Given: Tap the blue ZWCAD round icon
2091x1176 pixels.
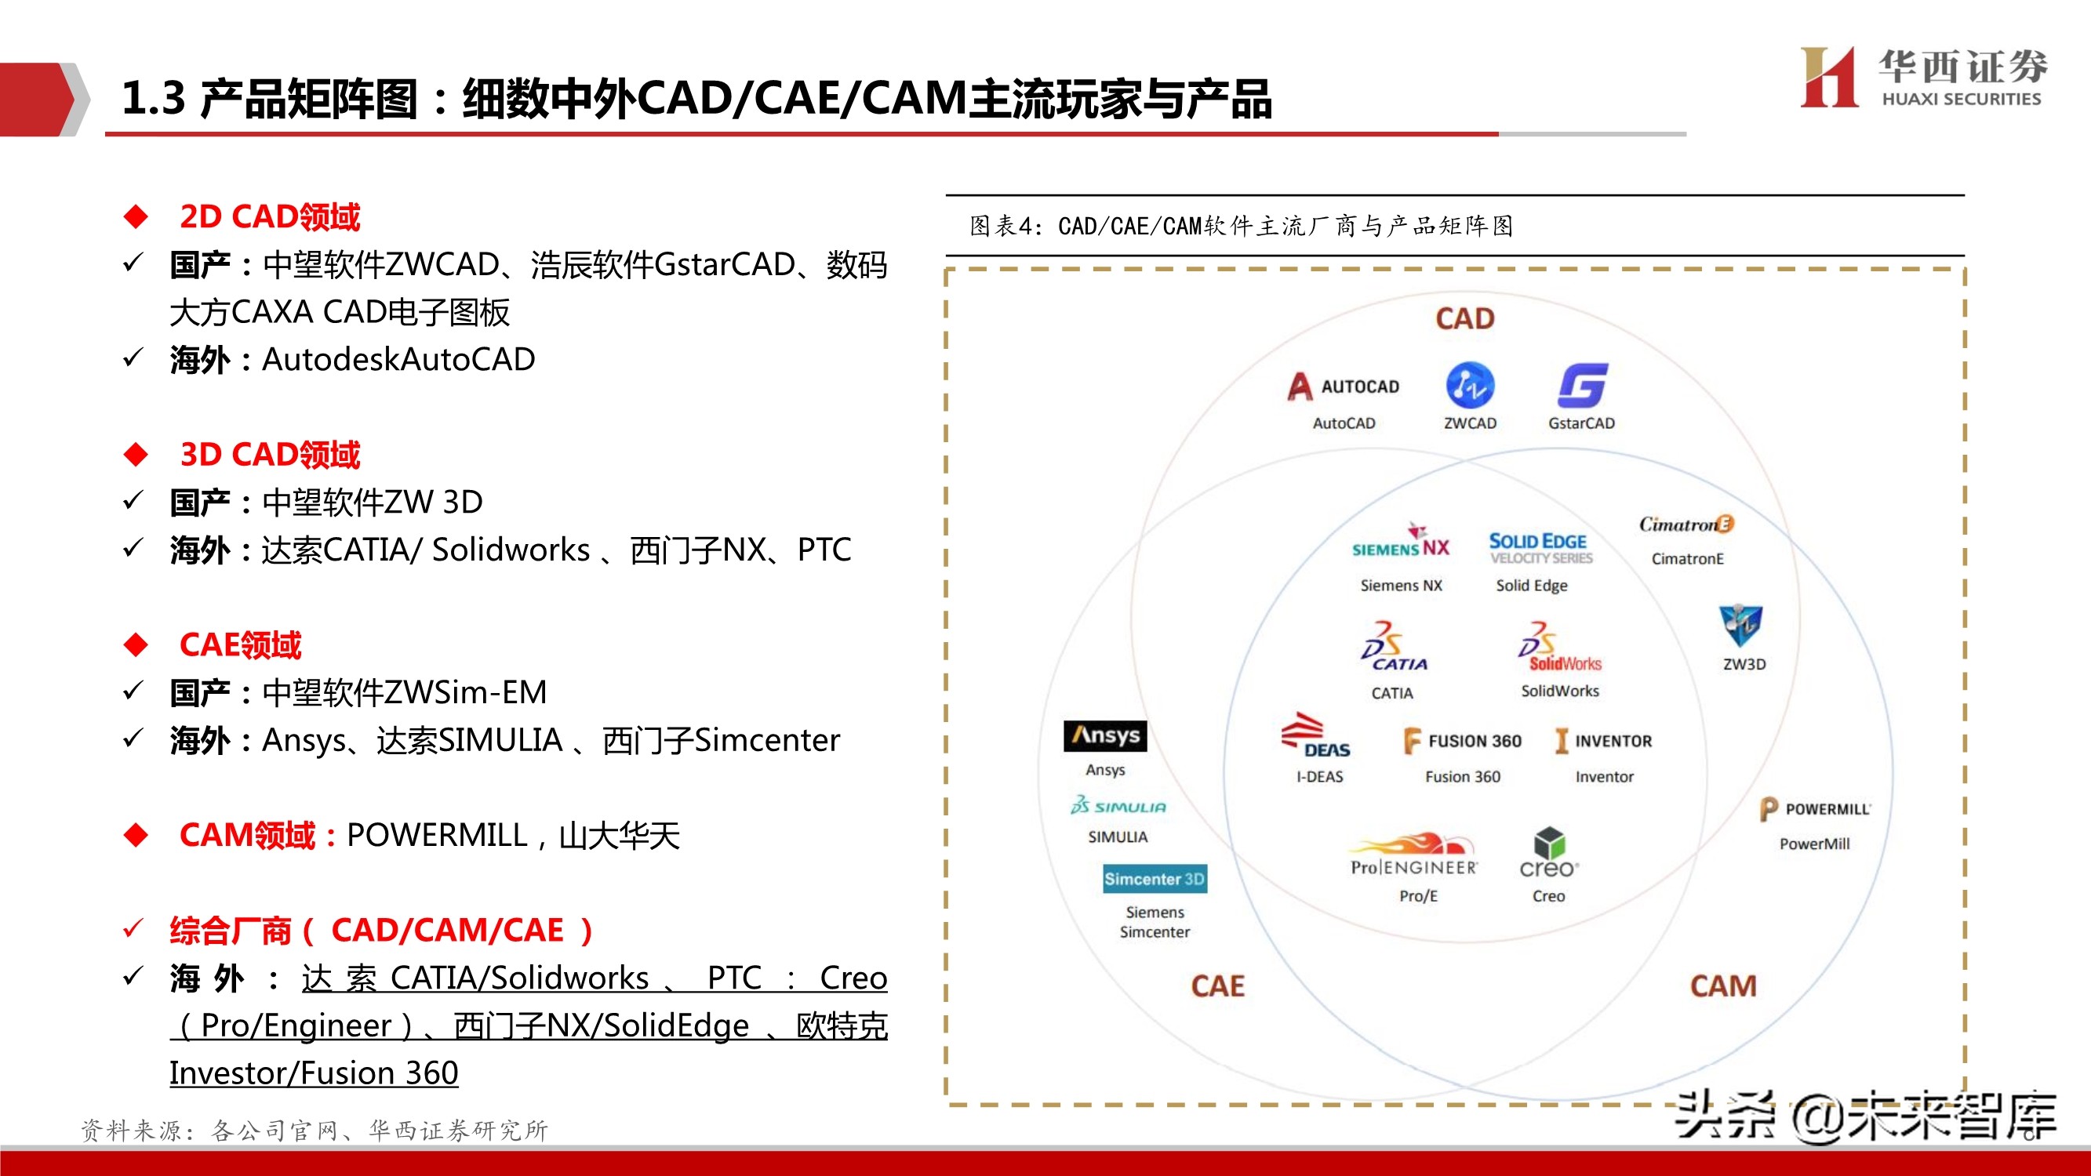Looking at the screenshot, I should pyautogui.click(x=1469, y=386).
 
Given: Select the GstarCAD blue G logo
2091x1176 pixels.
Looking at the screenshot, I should pyautogui.click(x=1582, y=386).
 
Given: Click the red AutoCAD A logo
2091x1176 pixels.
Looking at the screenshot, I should pyautogui.click(x=1300, y=387).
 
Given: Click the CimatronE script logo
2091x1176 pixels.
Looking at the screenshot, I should pyautogui.click(x=1686, y=524).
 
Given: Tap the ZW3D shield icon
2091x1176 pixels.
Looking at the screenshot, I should pyautogui.click(x=1740, y=625).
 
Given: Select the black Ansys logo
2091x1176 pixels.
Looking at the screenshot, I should pyautogui.click(x=1105, y=736).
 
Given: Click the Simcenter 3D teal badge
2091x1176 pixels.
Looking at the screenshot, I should pyautogui.click(x=1155, y=879).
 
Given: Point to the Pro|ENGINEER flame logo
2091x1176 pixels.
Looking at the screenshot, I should pyautogui.click(x=1414, y=855).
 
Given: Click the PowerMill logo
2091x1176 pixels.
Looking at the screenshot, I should pyautogui.click(x=1815, y=809).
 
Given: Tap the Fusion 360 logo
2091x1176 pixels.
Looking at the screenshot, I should pyautogui.click(x=1463, y=741).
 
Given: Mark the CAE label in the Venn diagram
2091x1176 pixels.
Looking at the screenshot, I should pyautogui.click(x=1217, y=986).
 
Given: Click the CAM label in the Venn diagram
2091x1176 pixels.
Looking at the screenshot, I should pyautogui.click(x=1723, y=986).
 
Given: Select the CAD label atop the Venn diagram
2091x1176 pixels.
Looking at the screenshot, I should pyautogui.click(x=1464, y=319).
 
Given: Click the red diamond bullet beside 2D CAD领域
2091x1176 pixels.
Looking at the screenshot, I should pyautogui.click(x=136, y=216).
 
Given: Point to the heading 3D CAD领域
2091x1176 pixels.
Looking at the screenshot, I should pyautogui.click(x=270, y=455).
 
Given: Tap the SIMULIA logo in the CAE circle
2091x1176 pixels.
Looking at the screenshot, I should pyautogui.click(x=1118, y=806).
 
